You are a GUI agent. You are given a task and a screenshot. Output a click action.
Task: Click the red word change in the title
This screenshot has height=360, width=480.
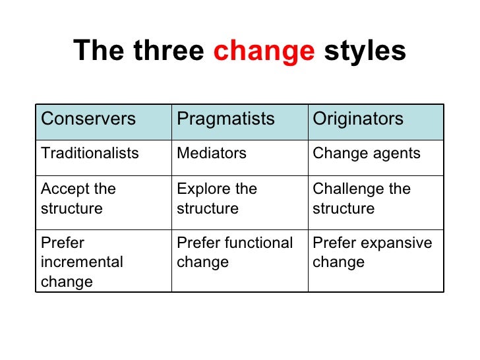click(264, 51)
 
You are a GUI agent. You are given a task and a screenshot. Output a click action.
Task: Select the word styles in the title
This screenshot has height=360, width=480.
click(365, 51)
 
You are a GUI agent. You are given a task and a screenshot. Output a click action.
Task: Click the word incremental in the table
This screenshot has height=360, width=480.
click(82, 262)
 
